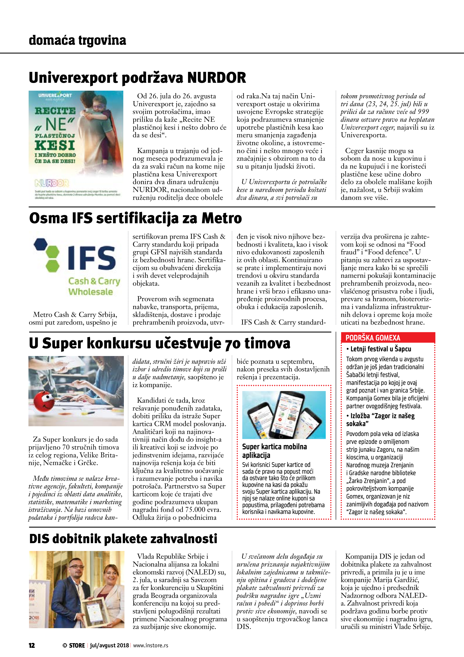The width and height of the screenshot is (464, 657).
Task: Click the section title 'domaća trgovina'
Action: (x=77, y=40)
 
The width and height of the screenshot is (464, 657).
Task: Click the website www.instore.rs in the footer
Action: (x=151, y=645)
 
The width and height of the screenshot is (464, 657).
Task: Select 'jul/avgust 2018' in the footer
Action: (x=109, y=645)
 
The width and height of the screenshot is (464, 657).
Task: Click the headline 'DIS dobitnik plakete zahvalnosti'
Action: (x=123, y=539)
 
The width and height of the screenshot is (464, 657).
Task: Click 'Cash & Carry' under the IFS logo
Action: (x=94, y=281)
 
